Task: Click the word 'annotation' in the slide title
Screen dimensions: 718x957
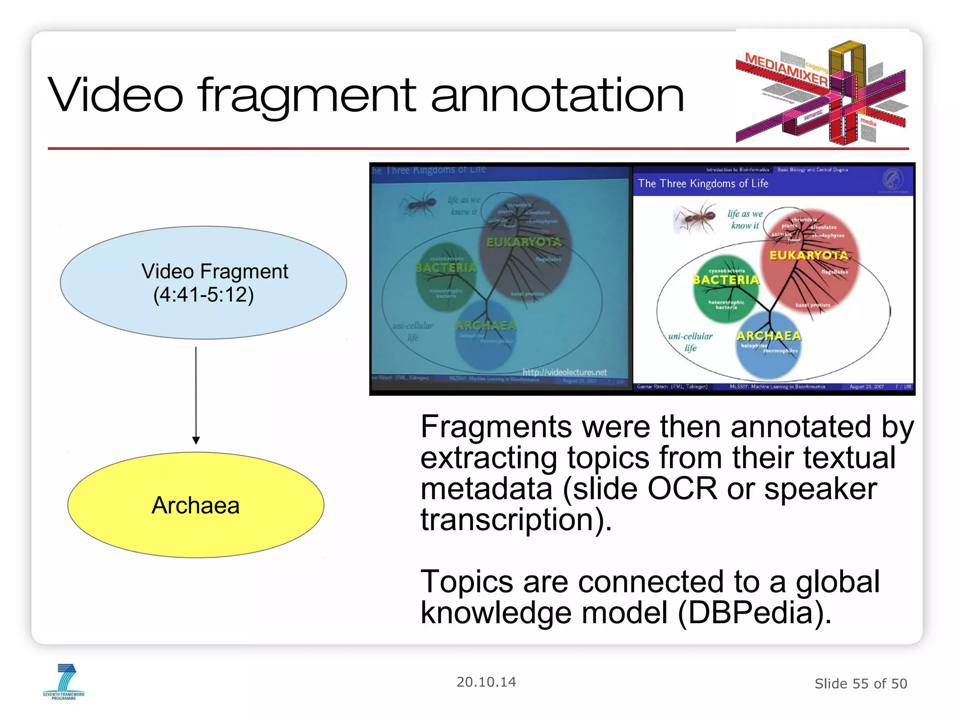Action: pos(557,96)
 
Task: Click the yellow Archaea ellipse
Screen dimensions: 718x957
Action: pos(196,505)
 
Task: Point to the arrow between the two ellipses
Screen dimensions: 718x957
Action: pos(196,395)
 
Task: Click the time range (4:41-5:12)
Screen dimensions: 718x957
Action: pos(204,295)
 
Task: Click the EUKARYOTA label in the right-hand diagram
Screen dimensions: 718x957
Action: pos(809,255)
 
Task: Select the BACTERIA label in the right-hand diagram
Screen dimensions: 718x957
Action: pos(726,280)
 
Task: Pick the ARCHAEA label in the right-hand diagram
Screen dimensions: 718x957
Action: pos(769,336)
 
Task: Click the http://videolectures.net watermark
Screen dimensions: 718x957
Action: pos(564,372)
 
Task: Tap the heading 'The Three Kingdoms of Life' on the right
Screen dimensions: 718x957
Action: pos(703,184)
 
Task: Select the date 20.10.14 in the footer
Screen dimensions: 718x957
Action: pos(486,682)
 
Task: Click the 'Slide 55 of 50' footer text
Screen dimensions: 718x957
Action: pos(861,684)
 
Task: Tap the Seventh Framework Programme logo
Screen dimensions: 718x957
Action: pos(64,682)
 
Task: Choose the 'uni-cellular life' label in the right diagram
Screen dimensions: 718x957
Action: pos(690,342)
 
